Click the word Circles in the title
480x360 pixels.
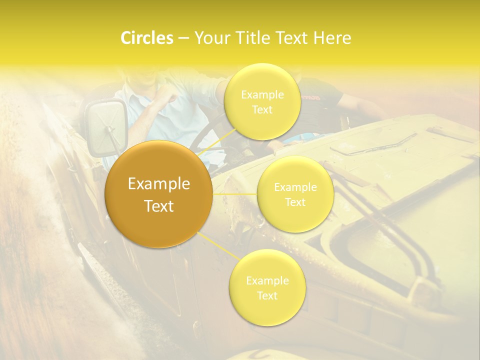[147, 38]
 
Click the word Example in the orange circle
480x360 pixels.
[159, 184]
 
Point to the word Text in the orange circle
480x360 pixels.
[159, 206]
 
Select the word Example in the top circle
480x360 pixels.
[262, 95]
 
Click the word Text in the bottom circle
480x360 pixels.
[267, 295]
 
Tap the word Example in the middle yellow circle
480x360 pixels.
[295, 187]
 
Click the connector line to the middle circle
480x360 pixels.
[235, 194]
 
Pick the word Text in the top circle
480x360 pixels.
[262, 109]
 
